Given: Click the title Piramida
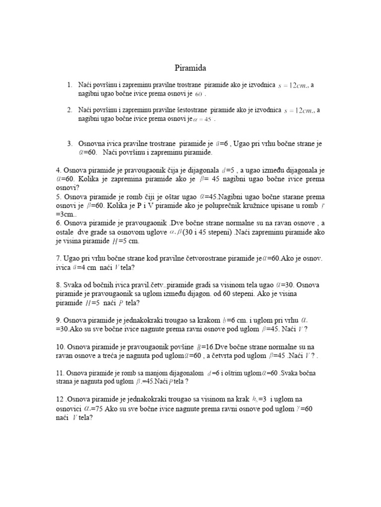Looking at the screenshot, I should tap(190, 67).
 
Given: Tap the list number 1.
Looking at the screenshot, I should tap(69, 85).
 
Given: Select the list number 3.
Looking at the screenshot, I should tap(69, 144).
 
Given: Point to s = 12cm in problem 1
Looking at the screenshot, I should tap(295, 86).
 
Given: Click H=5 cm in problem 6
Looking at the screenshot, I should tap(126, 241).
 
